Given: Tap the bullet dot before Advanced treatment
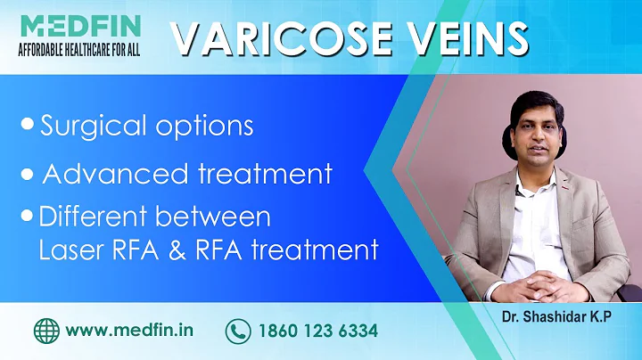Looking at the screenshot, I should pyautogui.click(x=29, y=172).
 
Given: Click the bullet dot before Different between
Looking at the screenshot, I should pyautogui.click(x=29, y=217).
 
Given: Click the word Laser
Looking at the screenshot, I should pyautogui.click(x=70, y=250).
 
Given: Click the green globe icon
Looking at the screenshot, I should pyautogui.click(x=45, y=331).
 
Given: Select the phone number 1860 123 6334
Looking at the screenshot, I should pyautogui.click(x=317, y=331).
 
